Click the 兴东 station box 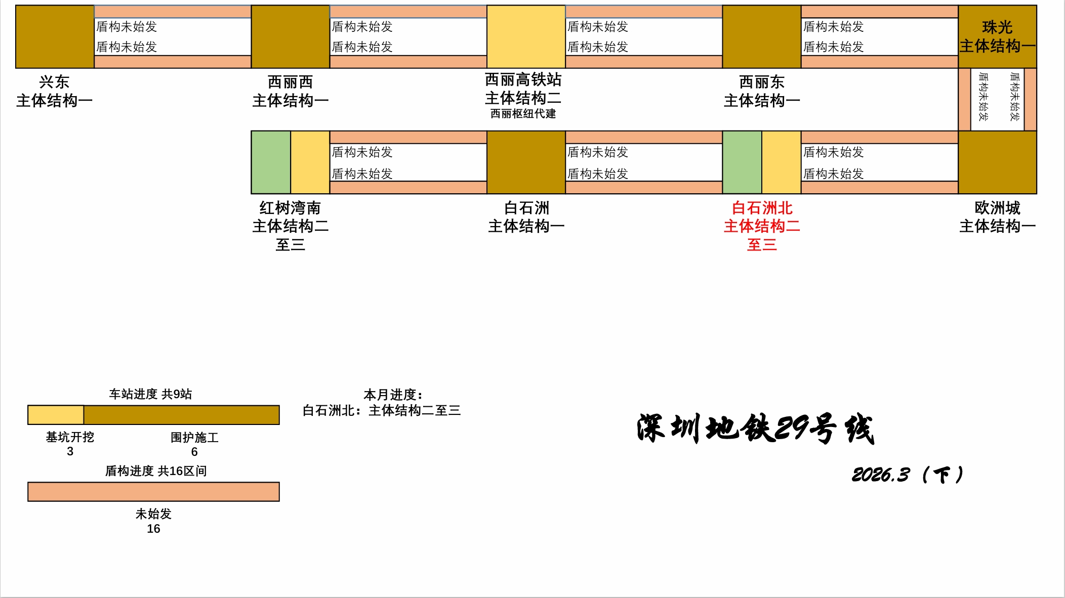(x=55, y=36)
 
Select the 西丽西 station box (x=291, y=36)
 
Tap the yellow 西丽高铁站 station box (x=526, y=36)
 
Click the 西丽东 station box (x=761, y=36)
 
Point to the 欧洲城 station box (x=997, y=162)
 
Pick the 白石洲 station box (x=526, y=162)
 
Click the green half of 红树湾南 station (x=271, y=162)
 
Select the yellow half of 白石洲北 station (x=781, y=162)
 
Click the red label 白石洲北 (x=762, y=208)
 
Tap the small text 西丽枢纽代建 (x=523, y=114)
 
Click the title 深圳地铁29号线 (x=755, y=429)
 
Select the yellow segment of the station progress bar (x=56, y=415)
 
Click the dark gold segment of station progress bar (x=181, y=415)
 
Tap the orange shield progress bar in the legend (x=153, y=492)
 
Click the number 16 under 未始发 (x=153, y=529)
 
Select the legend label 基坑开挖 (x=70, y=437)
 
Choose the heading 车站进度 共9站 (x=150, y=394)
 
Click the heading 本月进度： (x=393, y=395)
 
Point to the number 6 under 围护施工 (x=194, y=452)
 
